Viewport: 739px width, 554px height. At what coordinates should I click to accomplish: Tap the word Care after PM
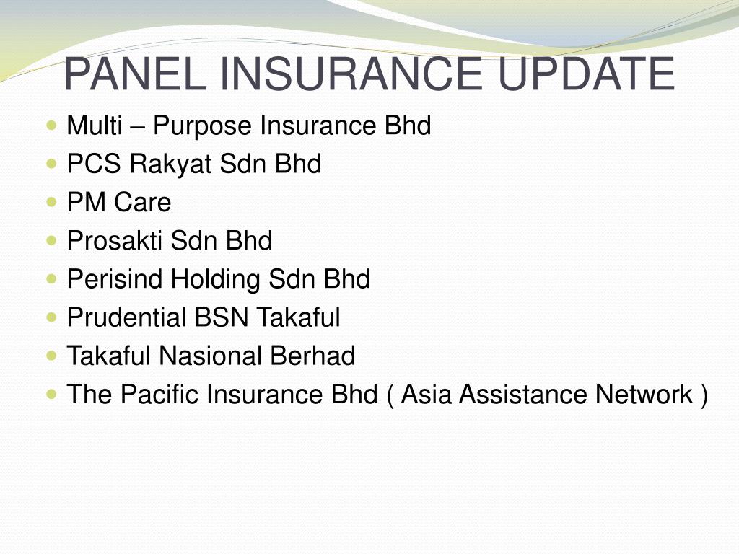coord(142,203)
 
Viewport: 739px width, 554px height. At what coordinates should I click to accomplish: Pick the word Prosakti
coord(115,241)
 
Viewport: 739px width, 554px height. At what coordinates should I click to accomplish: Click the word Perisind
coord(115,279)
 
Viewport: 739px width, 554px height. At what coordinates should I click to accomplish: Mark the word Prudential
coord(127,317)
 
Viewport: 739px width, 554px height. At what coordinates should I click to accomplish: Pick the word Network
coord(644,394)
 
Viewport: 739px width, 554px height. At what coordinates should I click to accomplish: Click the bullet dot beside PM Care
coord(51,202)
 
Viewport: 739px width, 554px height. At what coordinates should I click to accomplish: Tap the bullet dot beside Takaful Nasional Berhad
coord(51,355)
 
